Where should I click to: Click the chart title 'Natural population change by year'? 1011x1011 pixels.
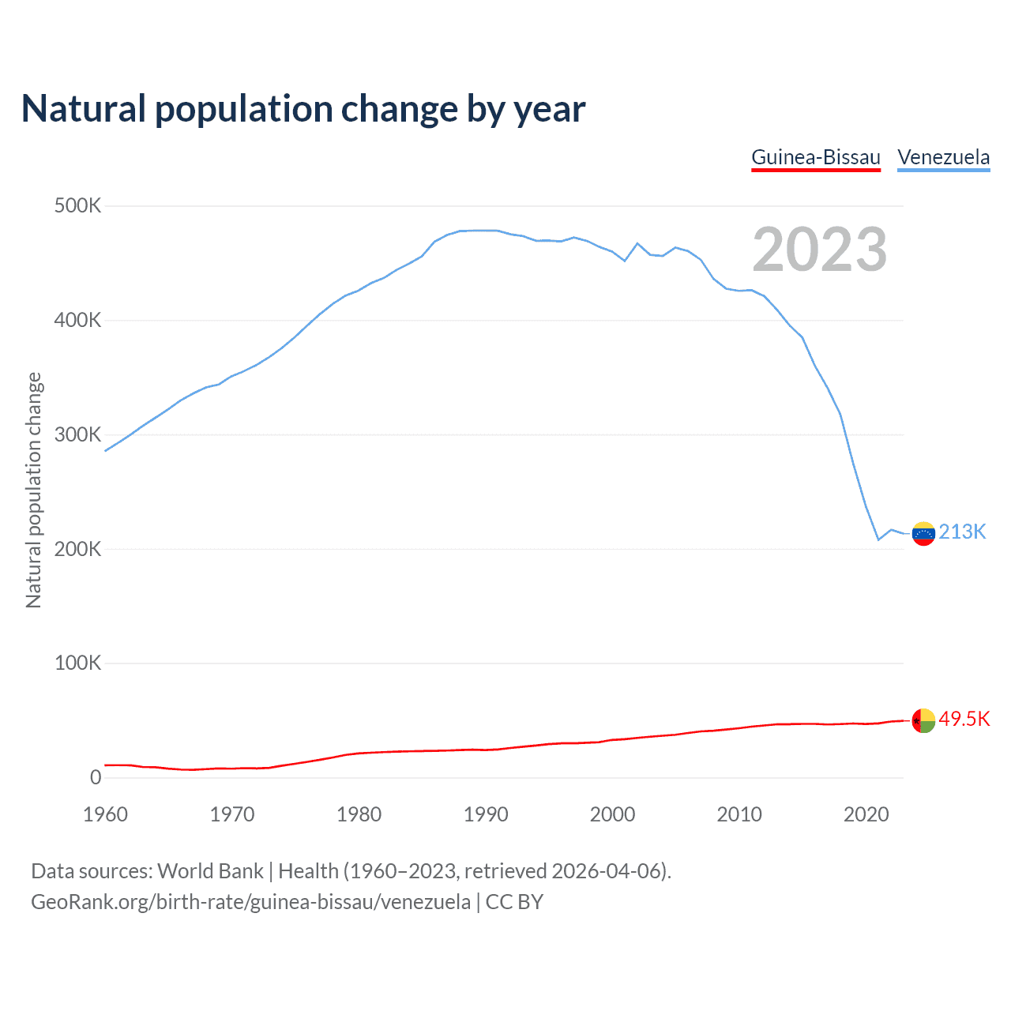tap(303, 109)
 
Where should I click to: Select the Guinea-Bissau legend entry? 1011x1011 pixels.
tap(816, 157)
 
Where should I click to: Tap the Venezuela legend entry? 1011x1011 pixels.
tap(944, 157)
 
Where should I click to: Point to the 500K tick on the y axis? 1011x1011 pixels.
tap(77, 206)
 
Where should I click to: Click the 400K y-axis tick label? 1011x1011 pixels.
tap(77, 321)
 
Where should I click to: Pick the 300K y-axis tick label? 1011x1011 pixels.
tap(77, 435)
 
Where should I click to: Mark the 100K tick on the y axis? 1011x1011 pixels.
tap(77, 663)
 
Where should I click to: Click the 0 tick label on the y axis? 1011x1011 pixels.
tap(96, 777)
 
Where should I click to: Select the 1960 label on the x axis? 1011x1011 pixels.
tap(105, 814)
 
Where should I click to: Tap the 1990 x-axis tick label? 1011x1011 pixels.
tap(486, 814)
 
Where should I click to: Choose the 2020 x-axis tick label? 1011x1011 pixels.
tap(866, 814)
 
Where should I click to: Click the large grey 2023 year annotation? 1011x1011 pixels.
tap(820, 250)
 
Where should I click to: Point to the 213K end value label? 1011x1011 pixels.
tap(963, 532)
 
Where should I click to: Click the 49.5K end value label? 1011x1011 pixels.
tap(964, 720)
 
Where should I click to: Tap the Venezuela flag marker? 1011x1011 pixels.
tap(923, 534)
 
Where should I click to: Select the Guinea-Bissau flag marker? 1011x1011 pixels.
tap(923, 721)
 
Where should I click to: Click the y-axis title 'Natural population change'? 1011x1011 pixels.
tap(34, 490)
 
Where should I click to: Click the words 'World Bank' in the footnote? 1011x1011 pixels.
tap(210, 871)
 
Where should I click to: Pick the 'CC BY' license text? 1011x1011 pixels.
tap(514, 902)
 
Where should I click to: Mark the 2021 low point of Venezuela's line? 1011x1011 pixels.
tap(878, 539)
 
